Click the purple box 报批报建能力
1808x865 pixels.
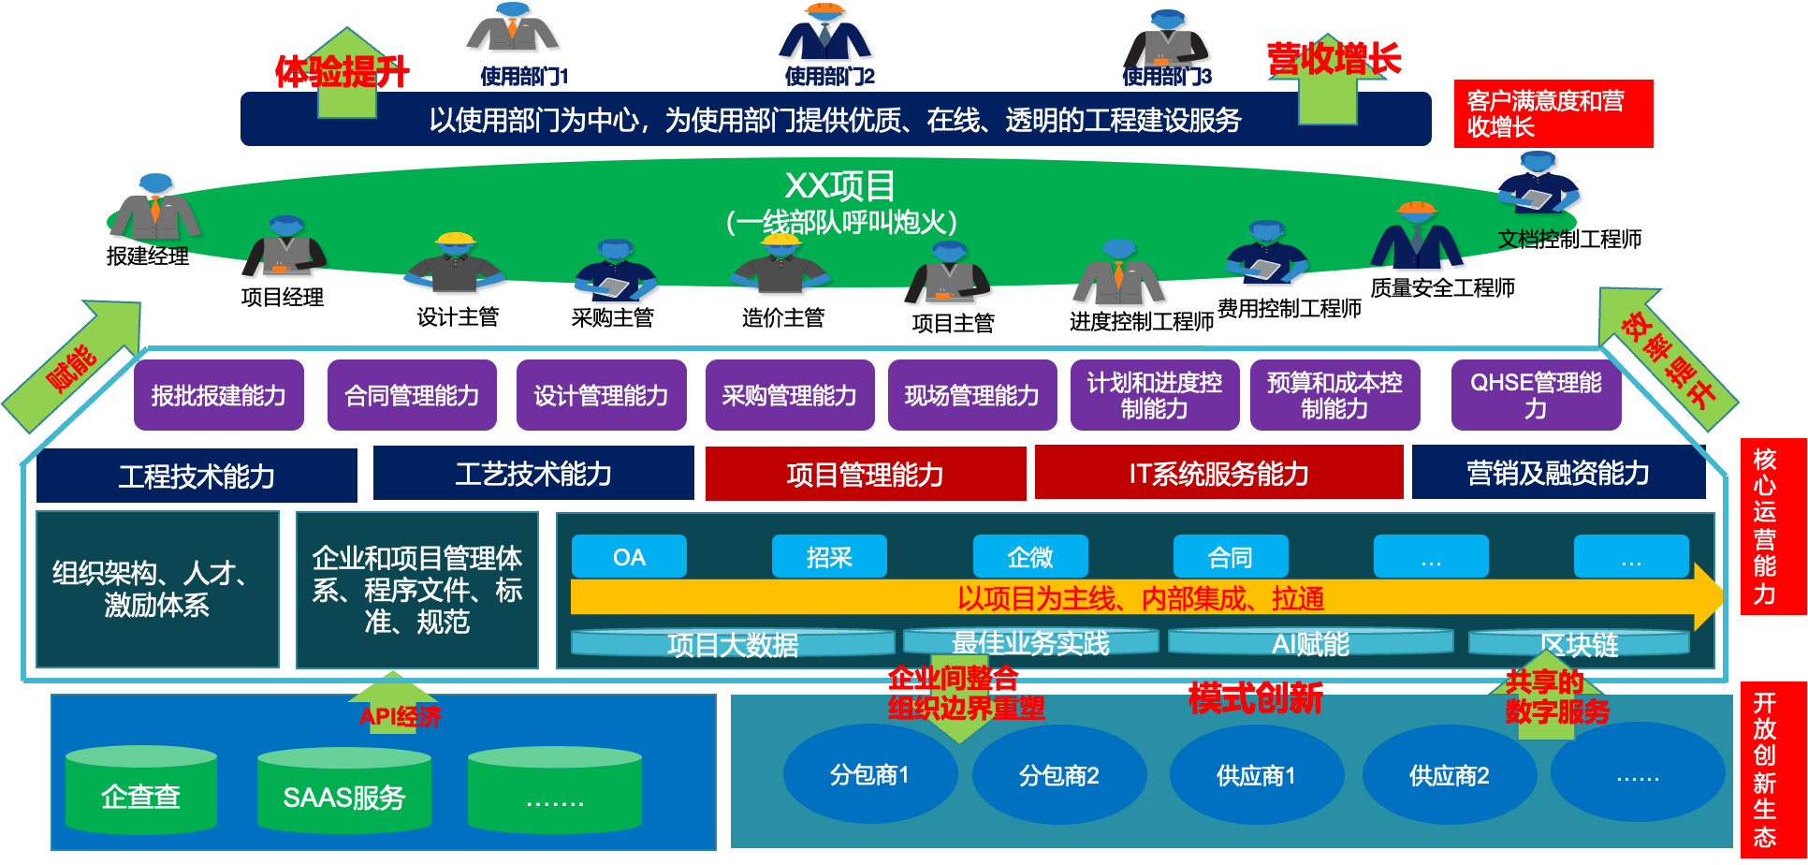218,395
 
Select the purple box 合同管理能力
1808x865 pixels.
412,395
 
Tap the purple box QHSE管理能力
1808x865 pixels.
1536,395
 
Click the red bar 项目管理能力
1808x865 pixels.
865,474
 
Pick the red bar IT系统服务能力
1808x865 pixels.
1218,473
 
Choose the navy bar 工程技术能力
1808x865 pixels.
197,476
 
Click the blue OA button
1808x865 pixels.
629,557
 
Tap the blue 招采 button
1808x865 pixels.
829,557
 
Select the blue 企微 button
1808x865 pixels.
1030,557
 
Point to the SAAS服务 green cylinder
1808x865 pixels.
343,796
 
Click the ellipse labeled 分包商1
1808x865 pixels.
869,774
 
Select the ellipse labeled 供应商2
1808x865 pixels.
1449,774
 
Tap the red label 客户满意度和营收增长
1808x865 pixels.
1553,113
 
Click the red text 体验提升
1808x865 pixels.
342,72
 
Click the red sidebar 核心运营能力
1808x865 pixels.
1765,526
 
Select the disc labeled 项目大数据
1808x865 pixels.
732,643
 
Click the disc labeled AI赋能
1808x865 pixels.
1310,642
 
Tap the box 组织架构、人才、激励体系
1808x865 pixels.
157,589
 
